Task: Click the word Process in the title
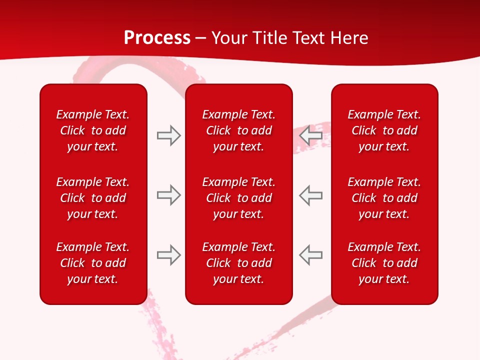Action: coord(157,38)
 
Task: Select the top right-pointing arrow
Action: coord(169,135)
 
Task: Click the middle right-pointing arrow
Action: coord(169,195)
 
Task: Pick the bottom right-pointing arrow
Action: coord(169,255)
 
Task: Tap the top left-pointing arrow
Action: coord(311,135)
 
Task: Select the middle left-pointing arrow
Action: coord(311,195)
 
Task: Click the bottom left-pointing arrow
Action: coord(311,255)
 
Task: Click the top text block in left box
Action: coord(93,130)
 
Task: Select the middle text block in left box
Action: coord(93,198)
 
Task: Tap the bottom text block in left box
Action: coord(93,263)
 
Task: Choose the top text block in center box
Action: coord(238,130)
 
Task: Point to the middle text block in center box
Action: coord(238,198)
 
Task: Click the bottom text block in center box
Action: coord(238,263)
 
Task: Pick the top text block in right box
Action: coord(384,130)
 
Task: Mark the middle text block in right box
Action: coord(384,198)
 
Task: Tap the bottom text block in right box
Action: coord(384,263)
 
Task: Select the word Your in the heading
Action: coord(229,38)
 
